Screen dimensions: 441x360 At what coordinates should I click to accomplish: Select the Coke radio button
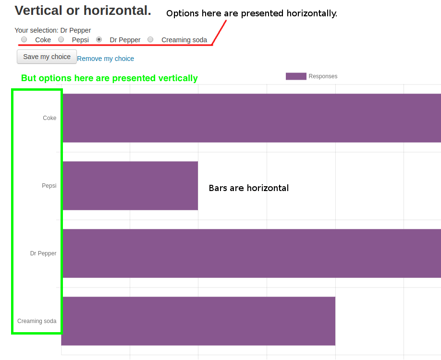pos(24,39)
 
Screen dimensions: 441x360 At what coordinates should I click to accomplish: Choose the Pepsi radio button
pos(61,39)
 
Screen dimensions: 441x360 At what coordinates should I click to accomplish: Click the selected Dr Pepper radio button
pos(99,39)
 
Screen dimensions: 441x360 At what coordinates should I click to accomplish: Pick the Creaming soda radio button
pos(150,39)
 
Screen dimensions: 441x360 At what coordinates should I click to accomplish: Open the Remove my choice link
pos(106,59)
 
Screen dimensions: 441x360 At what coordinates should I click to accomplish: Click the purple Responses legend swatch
pos(296,76)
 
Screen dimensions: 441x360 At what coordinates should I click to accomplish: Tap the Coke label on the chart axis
pos(49,118)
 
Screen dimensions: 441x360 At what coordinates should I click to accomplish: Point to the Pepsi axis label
pos(49,186)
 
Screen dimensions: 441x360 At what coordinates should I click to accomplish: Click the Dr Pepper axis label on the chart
pos(43,253)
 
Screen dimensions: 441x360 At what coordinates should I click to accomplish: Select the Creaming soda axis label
pos(37,321)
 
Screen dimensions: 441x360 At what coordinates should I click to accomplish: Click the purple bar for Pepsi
pos(130,186)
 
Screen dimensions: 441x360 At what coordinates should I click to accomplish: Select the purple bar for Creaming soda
pos(198,321)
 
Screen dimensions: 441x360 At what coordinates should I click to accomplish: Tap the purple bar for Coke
pos(251,118)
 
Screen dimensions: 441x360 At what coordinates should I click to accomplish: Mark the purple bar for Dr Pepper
pos(251,253)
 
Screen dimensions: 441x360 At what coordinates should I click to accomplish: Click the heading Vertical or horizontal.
pos(83,11)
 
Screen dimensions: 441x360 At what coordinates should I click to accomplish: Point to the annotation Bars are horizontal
pos(249,188)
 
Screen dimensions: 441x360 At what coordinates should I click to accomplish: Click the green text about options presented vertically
pos(110,78)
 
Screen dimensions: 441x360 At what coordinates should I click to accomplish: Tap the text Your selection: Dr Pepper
pos(53,30)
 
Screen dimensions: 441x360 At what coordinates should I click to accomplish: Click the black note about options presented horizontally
pos(252,13)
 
